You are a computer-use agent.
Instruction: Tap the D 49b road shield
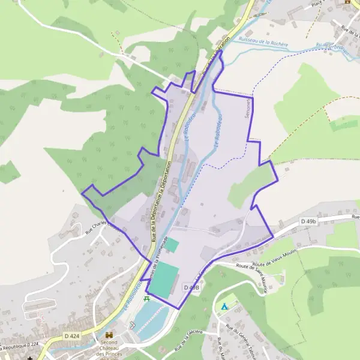tap(308, 222)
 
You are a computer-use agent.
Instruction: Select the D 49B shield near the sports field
tap(190, 288)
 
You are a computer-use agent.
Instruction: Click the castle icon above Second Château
tap(109, 334)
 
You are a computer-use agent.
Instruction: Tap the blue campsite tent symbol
tap(223, 306)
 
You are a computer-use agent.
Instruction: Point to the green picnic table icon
tap(146, 298)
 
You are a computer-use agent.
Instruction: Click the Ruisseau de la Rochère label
tap(263, 43)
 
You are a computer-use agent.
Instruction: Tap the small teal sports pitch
tap(172, 245)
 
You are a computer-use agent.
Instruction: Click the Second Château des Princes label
tap(109, 350)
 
